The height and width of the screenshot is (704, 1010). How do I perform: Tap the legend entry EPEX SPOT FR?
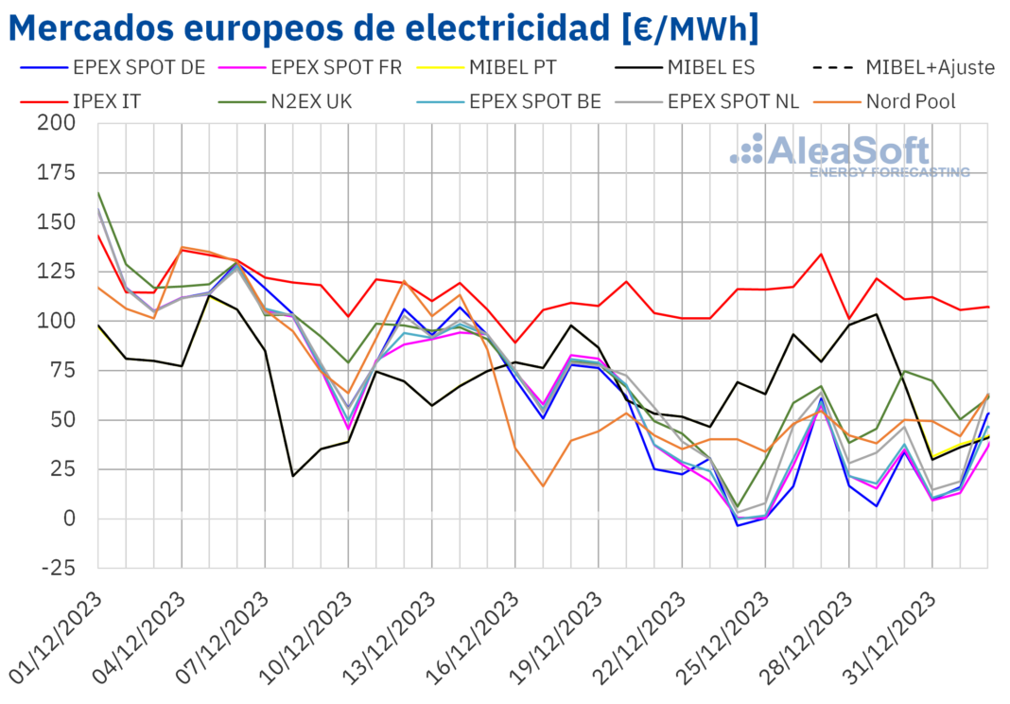336,68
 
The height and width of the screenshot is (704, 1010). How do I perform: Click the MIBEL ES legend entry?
710,68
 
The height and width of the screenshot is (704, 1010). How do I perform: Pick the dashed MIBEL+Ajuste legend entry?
930,68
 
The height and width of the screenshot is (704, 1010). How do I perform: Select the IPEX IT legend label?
106,101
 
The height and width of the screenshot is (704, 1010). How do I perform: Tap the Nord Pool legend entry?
914,101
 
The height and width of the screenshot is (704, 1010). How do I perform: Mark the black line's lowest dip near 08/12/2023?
293,475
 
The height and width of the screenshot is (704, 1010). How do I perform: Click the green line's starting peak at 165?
98,193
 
